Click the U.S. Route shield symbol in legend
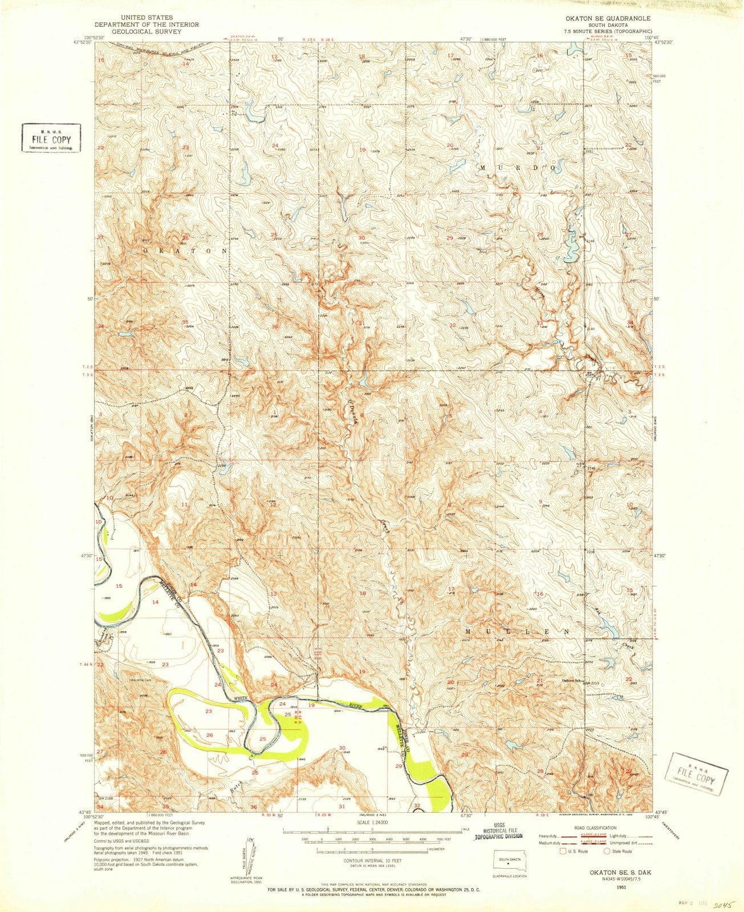coord(563,852)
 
